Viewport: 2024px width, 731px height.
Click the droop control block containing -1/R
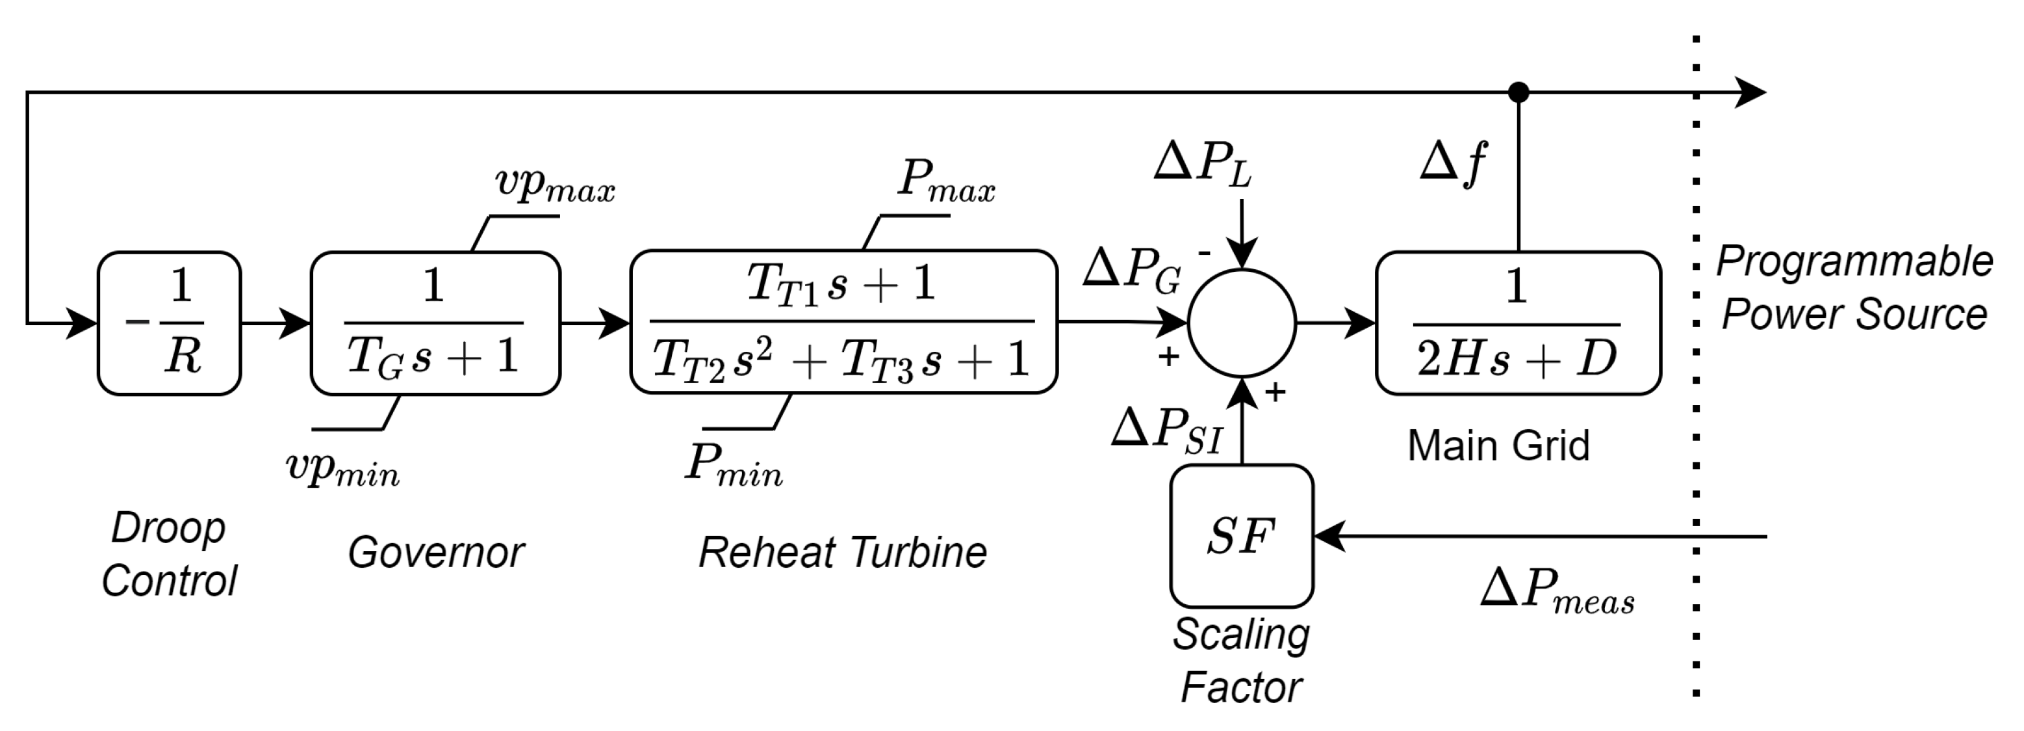point(169,323)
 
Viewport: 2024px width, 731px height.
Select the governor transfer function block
point(435,323)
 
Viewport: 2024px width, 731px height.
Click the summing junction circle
point(1242,323)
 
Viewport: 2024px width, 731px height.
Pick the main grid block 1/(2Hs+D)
point(1517,323)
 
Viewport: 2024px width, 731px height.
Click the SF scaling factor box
point(1242,536)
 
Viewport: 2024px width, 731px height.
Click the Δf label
point(1454,163)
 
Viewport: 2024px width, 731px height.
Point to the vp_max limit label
point(555,184)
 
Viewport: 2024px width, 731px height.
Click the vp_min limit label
point(342,468)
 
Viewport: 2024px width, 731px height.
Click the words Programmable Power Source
point(1854,287)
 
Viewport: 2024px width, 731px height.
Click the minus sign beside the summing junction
point(1204,254)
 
